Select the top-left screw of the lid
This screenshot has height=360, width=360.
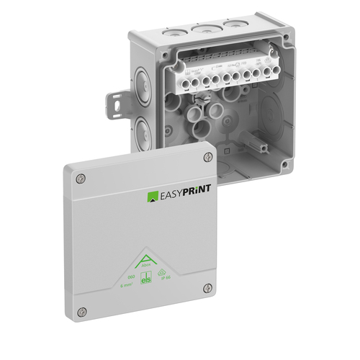click(79, 179)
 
